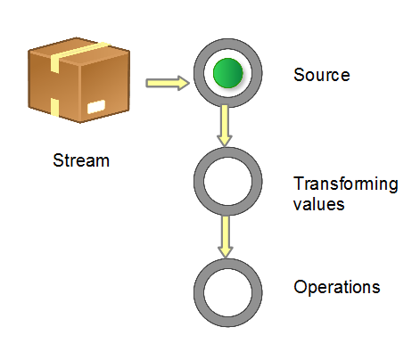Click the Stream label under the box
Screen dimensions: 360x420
click(81, 161)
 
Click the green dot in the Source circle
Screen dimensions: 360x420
click(227, 73)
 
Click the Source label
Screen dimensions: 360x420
click(321, 75)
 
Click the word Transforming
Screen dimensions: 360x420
click(345, 184)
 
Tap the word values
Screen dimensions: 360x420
click(318, 203)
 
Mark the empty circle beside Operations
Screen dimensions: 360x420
click(227, 293)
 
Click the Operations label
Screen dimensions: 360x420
click(336, 288)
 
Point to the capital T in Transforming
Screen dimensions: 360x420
click(298, 184)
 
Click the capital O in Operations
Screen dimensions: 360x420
click(300, 288)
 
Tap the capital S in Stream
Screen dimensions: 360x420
click(58, 161)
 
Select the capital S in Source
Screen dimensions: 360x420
click(298, 75)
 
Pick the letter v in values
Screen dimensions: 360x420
click(297, 204)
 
